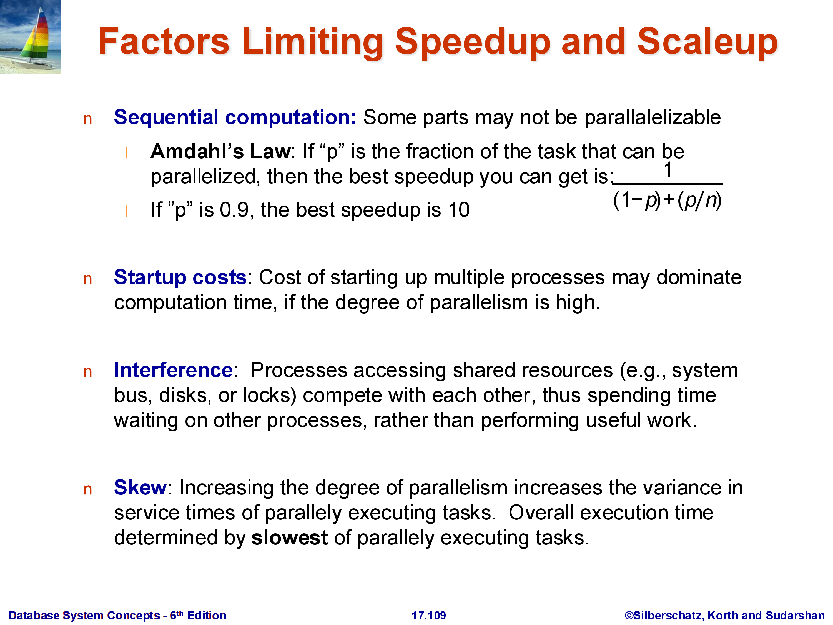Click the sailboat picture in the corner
30,37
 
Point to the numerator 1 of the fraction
668,170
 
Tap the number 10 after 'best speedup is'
459,210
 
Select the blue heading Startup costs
180,278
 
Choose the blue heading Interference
173,370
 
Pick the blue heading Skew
140,487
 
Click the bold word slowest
289,537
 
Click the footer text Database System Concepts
84,616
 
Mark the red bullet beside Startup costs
88,279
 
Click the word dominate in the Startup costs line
699,278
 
